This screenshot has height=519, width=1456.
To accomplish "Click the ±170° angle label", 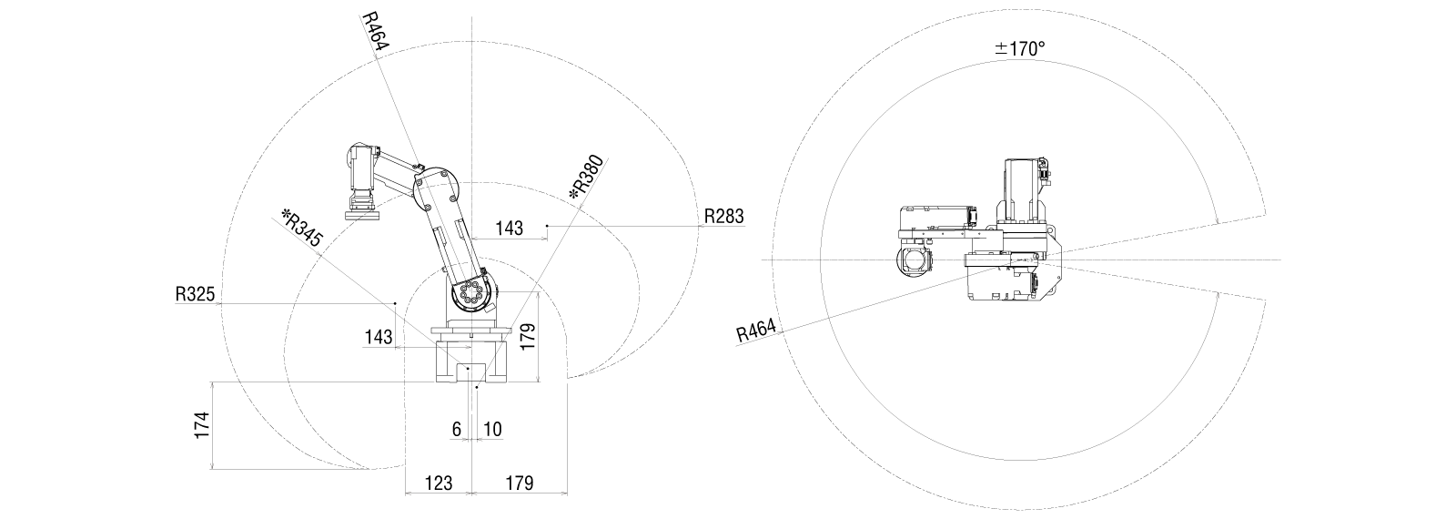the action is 1020,49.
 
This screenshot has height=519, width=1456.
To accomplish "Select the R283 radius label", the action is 724,216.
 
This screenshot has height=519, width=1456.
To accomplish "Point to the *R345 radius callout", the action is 301,228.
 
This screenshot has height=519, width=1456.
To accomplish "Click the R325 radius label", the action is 195,294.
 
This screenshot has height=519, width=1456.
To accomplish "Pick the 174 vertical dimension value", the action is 203,424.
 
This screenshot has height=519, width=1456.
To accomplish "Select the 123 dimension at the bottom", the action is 438,483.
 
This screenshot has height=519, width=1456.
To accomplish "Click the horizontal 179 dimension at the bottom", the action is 520,483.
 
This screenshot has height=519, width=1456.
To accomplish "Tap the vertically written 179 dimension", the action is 528,337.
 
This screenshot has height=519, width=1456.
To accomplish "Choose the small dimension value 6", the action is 456,429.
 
